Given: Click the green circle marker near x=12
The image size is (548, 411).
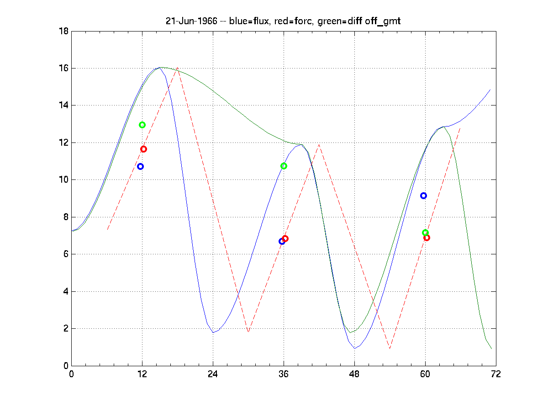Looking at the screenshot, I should point(142,125).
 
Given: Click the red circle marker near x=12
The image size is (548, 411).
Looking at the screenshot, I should point(143,149).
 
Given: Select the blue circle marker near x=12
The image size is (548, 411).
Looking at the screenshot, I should point(140,167).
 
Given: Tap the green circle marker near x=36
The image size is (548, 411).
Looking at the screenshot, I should point(284,166).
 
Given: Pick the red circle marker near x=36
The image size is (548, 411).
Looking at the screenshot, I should point(285,238).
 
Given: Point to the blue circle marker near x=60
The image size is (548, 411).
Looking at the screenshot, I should point(423,195).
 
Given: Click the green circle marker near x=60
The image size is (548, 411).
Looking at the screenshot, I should point(425,232).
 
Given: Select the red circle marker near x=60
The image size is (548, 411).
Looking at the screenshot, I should point(427,237).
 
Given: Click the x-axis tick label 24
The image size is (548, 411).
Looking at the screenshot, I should point(213,374).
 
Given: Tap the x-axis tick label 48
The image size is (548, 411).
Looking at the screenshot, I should point(354,374).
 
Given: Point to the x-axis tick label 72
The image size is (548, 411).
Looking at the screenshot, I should point(496,374).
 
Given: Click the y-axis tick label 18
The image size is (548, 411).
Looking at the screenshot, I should point(64,32).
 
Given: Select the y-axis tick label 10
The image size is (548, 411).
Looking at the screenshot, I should point(64,180).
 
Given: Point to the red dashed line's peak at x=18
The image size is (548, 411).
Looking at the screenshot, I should point(177,68).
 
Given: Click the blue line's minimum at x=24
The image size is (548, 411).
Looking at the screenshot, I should point(213,332).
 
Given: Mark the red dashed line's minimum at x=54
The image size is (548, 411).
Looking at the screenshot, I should point(390,348).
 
